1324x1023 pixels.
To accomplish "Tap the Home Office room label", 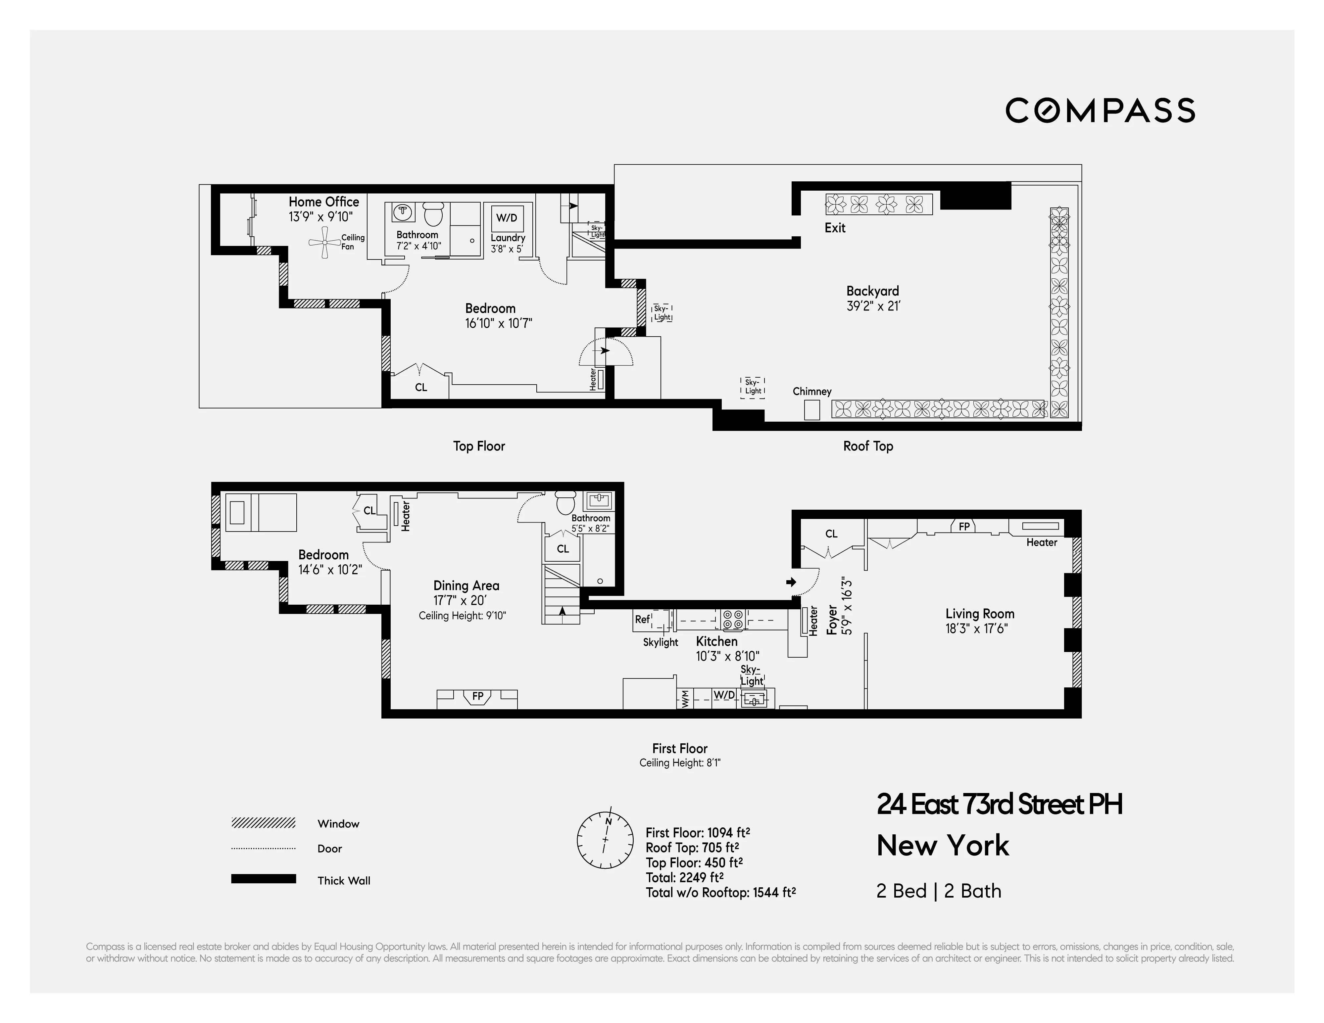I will (324, 202).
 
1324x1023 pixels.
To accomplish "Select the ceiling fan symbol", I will (324, 242).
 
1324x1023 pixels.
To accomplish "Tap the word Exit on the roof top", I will (835, 228).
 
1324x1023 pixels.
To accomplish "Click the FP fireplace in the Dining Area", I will (478, 697).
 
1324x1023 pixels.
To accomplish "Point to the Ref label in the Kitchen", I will (642, 619).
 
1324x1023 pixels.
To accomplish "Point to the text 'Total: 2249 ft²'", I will (684, 878).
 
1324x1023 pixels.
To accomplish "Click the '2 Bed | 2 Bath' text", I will (938, 891).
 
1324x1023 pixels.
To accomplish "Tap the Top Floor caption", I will (479, 446).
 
